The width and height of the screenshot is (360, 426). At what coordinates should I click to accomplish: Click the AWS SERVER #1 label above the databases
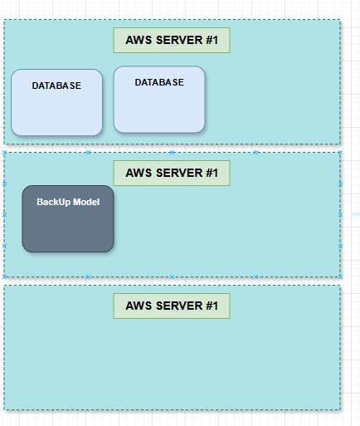pos(172,40)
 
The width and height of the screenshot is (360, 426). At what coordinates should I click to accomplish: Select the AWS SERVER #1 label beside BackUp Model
pos(172,173)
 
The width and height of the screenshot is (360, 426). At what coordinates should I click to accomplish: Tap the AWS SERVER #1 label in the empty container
pos(172,306)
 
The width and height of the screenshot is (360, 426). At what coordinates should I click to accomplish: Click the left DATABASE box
pos(56,102)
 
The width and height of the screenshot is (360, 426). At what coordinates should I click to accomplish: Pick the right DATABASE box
pos(159,100)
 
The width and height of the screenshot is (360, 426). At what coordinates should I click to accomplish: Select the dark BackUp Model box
pos(68,218)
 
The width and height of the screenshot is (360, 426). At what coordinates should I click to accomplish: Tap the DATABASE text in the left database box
pos(56,86)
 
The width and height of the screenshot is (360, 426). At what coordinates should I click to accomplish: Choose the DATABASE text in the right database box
pos(159,82)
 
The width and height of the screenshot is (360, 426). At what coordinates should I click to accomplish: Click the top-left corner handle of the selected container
pos(4,152)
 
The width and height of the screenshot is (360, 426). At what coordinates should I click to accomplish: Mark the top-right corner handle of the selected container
pos(340,152)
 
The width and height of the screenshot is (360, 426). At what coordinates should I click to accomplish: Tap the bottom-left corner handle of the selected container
pos(4,277)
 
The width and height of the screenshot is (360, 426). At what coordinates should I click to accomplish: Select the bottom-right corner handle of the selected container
pos(340,277)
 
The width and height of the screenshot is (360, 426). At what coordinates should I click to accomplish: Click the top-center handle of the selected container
pos(172,152)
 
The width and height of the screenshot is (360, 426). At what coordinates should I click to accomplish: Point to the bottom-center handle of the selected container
pos(172,277)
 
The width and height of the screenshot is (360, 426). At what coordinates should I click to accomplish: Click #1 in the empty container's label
pos(212,306)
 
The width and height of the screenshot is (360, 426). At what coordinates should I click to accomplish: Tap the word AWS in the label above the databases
pos(139,40)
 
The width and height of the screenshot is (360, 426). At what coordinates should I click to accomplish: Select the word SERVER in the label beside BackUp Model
pos(179,173)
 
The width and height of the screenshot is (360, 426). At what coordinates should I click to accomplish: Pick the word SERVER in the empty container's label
pos(179,306)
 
